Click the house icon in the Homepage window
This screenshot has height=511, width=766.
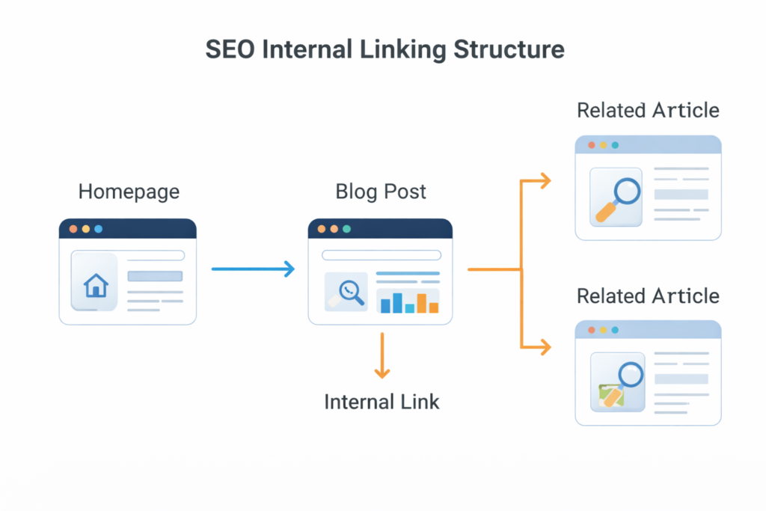point(96,285)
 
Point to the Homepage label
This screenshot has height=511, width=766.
point(129,192)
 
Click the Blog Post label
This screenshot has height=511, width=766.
point(381,192)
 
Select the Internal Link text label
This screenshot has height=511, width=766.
point(382,402)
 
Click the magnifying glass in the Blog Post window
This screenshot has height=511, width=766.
point(349,290)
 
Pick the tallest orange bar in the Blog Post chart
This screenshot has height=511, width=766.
point(422,303)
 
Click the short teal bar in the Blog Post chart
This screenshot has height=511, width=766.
point(409,307)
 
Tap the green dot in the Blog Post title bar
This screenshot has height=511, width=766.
point(346,229)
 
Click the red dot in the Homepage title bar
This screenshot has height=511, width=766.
point(73,229)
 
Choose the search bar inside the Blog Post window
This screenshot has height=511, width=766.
point(381,255)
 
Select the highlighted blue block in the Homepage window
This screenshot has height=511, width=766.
point(155,276)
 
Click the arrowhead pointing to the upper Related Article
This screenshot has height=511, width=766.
point(545,180)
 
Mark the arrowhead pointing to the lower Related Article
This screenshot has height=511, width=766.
point(545,346)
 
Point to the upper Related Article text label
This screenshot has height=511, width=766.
point(648,111)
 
